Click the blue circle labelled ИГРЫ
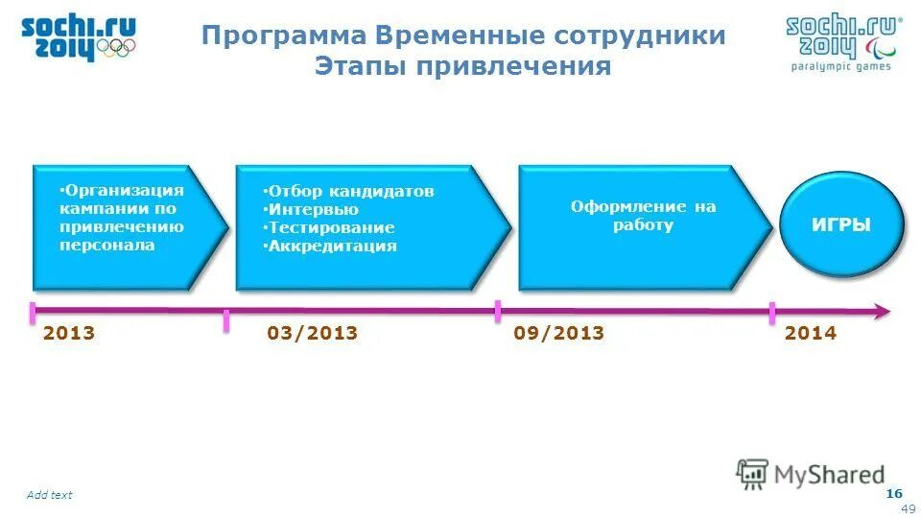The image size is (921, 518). pos(841,225)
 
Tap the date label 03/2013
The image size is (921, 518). pos(312,334)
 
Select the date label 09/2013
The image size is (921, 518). pos(558,334)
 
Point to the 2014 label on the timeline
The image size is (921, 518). pos(811,334)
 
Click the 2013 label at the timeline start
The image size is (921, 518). pos(69,334)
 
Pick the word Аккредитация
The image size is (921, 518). pos(332,246)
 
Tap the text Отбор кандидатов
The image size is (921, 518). pos(350,191)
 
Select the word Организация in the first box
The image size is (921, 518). pos(123,190)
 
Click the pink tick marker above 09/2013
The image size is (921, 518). pos(498,310)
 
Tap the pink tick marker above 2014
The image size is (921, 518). pos(772,313)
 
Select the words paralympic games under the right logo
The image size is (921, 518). pos(840,66)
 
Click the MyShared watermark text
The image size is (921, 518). pos(830,474)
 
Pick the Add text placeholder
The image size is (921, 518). pos(49,495)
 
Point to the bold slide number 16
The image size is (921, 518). pos(894,493)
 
